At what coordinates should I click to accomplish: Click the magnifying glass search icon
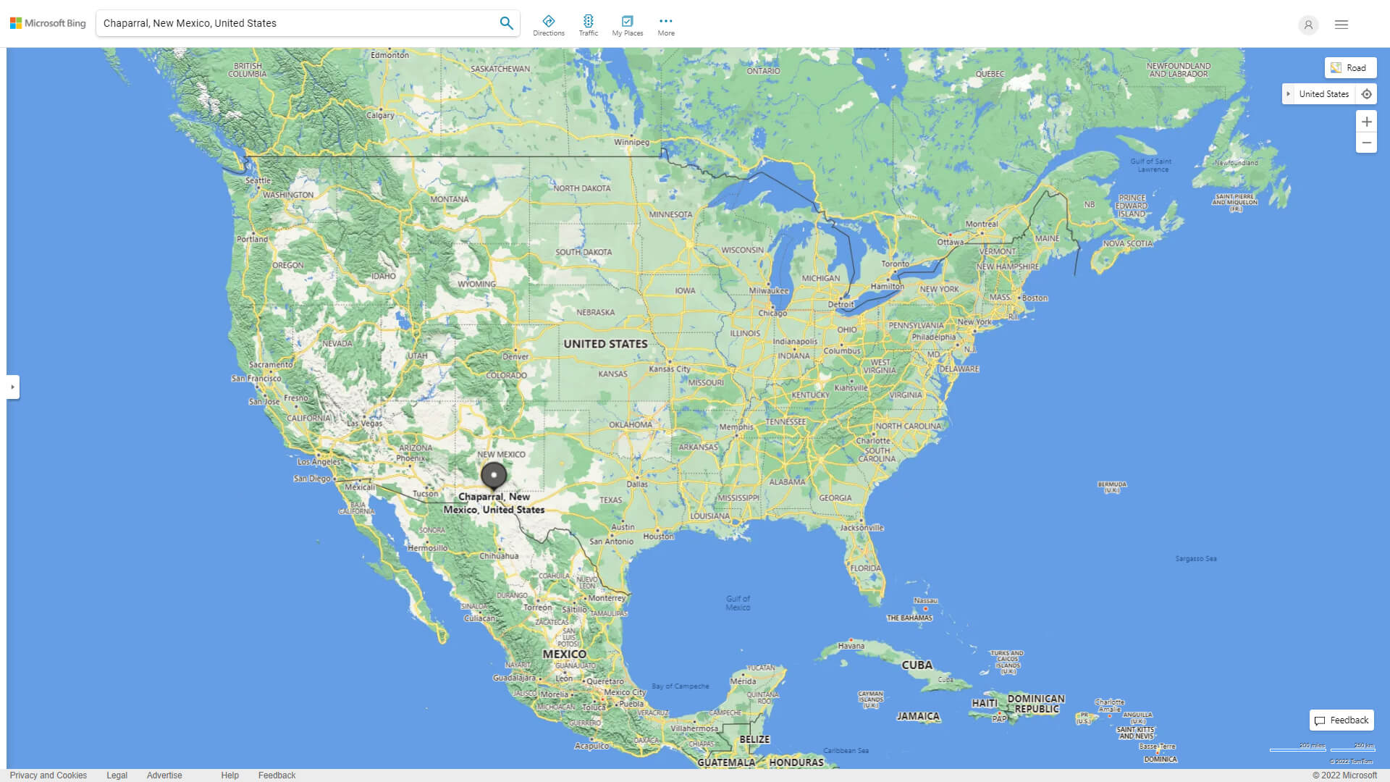tap(506, 23)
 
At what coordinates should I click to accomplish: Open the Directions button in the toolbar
tap(548, 25)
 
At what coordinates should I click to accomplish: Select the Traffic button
tap(588, 25)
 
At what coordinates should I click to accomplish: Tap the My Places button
tap(627, 25)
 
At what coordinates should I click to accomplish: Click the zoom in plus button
tap(1366, 122)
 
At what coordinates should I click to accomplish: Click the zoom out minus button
tap(1366, 143)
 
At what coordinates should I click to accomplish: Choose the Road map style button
tap(1350, 68)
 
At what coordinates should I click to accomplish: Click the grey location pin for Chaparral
tap(494, 476)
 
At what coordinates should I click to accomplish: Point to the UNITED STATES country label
tap(605, 344)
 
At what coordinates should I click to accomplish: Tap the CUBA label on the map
tap(917, 665)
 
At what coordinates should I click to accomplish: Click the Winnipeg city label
tap(631, 142)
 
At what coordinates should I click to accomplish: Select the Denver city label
tap(515, 356)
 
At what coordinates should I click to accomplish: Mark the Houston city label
tap(658, 537)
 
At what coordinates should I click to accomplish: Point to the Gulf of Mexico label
tap(738, 603)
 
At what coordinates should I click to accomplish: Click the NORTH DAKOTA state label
tap(581, 188)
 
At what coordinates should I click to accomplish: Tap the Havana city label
tap(851, 646)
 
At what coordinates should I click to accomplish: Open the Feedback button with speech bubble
tap(1341, 720)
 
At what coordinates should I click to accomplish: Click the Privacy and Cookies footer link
tap(49, 775)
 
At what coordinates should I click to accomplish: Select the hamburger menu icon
tap(1341, 25)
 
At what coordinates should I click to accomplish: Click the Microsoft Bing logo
tap(48, 23)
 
